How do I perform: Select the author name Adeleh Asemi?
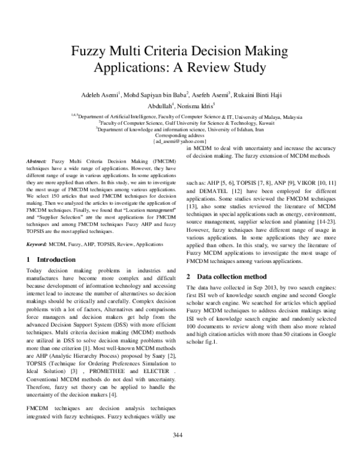(97, 95)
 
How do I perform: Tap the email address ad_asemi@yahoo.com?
(180, 142)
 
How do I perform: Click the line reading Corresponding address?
(180, 135)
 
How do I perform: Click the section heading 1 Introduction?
(52, 260)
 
